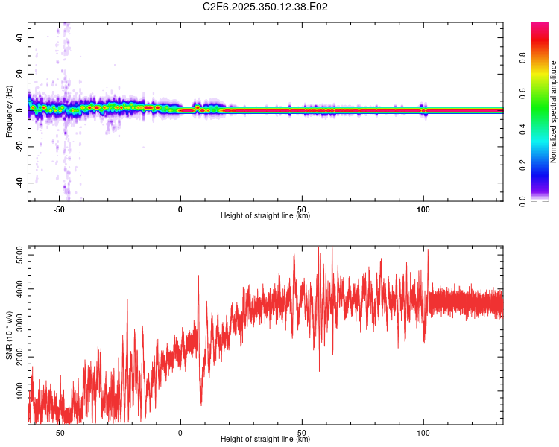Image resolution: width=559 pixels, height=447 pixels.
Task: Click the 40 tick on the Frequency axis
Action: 20,37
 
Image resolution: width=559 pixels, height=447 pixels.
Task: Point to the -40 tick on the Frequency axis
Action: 20,183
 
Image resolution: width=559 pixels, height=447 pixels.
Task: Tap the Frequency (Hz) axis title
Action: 9,111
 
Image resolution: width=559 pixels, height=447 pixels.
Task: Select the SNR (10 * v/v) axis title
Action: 9,335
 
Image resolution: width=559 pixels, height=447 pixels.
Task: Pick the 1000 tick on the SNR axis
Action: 20,391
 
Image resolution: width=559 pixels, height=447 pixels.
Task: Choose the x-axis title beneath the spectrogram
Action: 265,216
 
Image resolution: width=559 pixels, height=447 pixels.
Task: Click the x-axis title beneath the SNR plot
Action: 265,440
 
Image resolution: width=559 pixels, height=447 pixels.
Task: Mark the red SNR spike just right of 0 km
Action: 198,277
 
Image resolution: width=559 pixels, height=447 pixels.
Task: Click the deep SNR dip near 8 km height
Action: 201,403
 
